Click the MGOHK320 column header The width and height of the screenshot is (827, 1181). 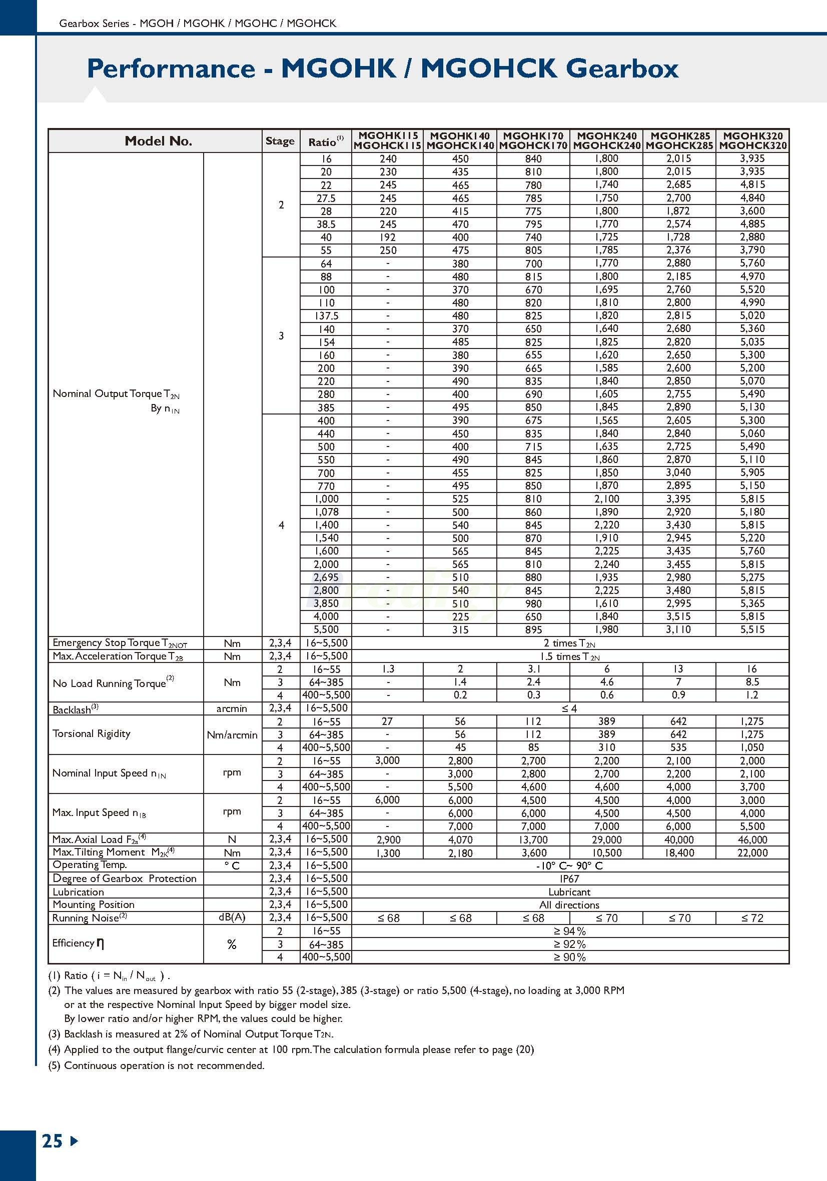[x=752, y=140]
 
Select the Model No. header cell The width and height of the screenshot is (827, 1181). [x=158, y=141]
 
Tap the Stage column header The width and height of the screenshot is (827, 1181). [x=280, y=141]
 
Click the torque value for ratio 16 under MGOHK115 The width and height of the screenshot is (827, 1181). [x=388, y=159]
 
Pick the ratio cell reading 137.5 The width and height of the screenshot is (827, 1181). [x=326, y=316]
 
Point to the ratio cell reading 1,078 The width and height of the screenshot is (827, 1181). [x=326, y=512]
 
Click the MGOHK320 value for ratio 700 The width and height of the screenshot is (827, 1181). [x=752, y=472]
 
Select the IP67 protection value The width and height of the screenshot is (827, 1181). [x=570, y=879]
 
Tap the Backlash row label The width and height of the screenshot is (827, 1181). [x=75, y=709]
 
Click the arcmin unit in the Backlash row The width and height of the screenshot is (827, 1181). [x=232, y=709]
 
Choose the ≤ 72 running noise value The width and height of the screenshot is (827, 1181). [x=752, y=918]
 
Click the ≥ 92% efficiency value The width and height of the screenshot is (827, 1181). [x=570, y=944]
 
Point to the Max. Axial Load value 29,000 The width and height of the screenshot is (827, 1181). [x=606, y=840]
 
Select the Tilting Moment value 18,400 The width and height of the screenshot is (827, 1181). [x=679, y=853]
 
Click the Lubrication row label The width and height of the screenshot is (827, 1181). [x=78, y=892]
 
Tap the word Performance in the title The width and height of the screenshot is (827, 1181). [x=171, y=68]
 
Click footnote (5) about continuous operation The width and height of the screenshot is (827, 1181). [x=157, y=1065]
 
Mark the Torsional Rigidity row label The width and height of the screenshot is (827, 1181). [x=92, y=733]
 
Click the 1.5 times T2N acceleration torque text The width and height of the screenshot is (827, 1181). [x=570, y=656]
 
